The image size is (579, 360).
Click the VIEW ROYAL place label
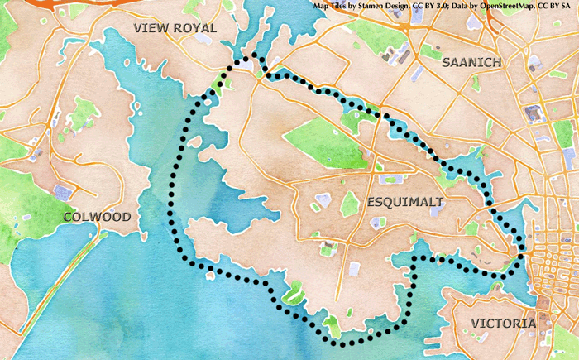[x=175, y=28]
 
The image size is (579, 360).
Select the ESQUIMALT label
[x=404, y=201]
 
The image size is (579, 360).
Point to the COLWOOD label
[x=97, y=217]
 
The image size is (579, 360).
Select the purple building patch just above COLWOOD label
[x=63, y=192]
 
